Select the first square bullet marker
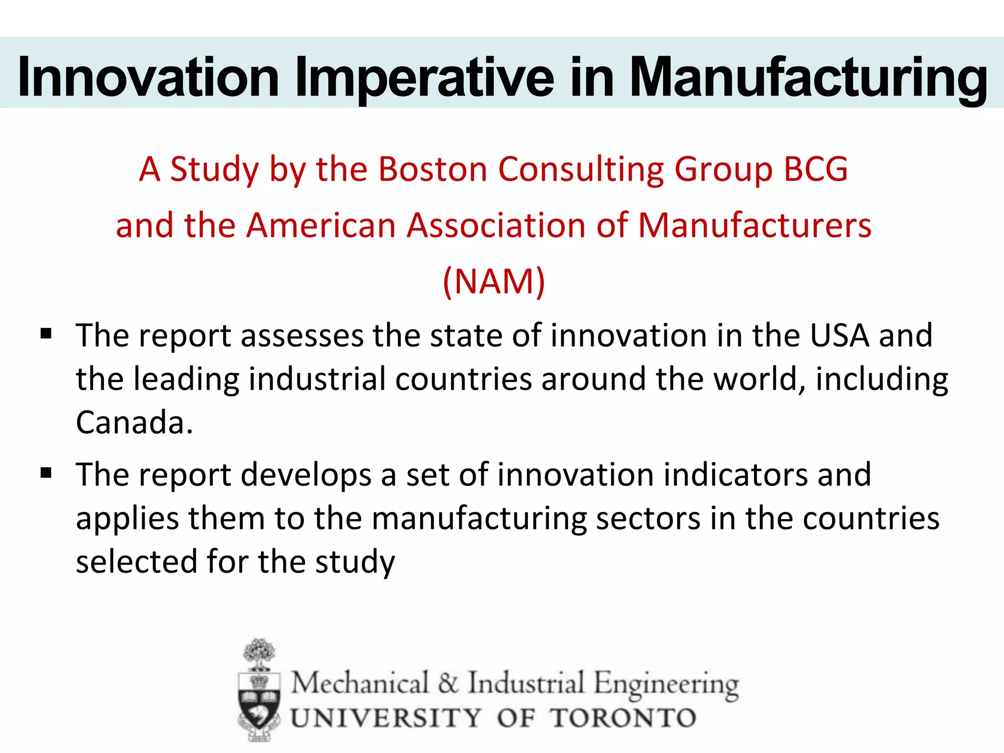coord(47,334)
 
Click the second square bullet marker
coord(47,473)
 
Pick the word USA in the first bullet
coord(839,336)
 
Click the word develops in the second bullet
coord(306,475)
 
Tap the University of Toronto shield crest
coord(259,701)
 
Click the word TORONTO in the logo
coord(623,718)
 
